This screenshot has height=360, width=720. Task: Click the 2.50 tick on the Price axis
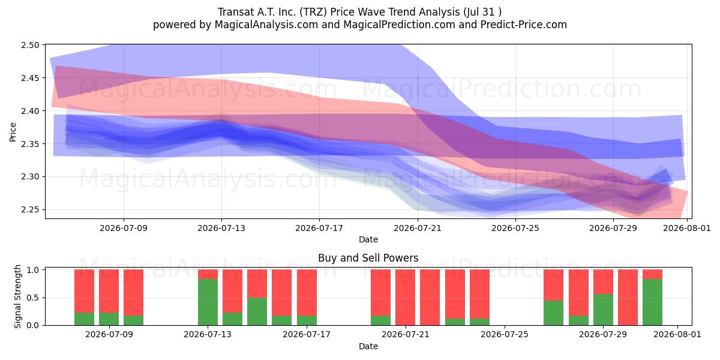click(30, 45)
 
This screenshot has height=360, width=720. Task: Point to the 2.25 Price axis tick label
click(30, 209)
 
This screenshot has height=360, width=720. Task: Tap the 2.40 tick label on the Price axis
click(30, 111)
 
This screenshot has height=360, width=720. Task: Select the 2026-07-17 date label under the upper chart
click(319, 228)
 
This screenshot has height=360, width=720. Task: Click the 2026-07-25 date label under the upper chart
click(515, 228)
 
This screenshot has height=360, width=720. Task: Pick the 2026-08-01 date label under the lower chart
click(677, 334)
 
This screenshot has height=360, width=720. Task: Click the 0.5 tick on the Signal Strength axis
click(33, 298)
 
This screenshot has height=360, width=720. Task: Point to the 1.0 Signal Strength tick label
click(33, 270)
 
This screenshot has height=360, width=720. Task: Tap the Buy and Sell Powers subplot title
click(368, 258)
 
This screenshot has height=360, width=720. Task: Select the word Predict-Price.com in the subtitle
click(524, 25)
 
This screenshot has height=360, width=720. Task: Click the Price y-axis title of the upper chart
click(13, 132)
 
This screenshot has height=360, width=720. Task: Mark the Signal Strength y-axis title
click(17, 296)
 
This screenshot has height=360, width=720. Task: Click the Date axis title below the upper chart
click(368, 239)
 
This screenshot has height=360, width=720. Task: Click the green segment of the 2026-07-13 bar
click(208, 302)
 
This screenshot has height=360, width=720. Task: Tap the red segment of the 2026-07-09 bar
click(109, 291)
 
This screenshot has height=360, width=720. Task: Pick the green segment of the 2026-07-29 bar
click(603, 310)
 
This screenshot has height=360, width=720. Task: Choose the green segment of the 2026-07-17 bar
click(307, 320)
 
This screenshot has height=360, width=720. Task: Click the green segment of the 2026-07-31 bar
click(653, 302)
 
